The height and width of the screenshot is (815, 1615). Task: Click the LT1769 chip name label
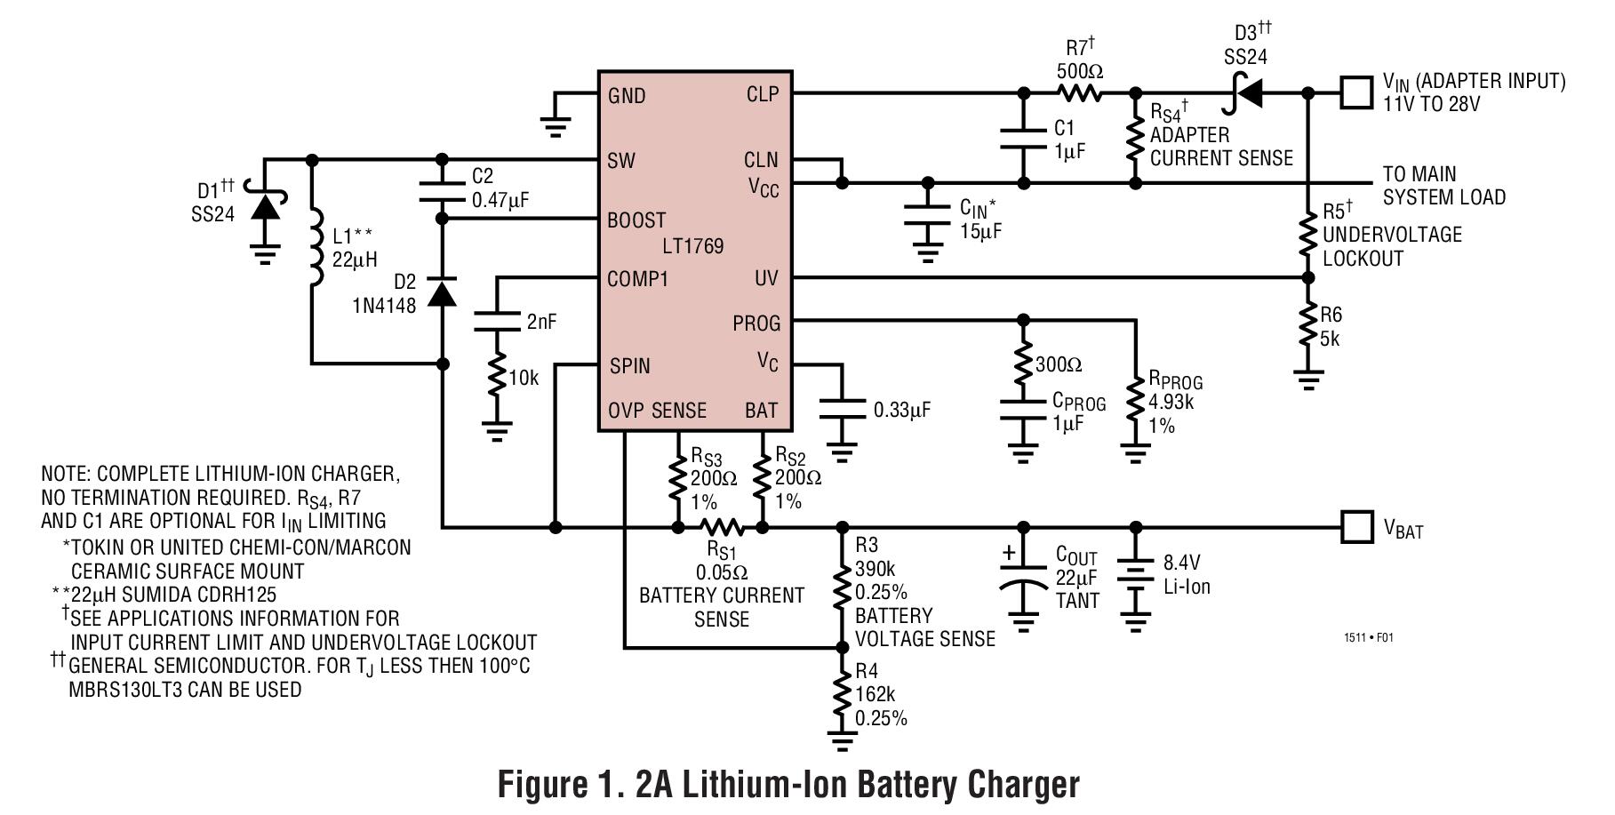tap(692, 246)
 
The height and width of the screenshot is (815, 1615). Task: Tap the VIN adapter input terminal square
tap(1355, 92)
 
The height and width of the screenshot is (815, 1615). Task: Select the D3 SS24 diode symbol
tap(1246, 92)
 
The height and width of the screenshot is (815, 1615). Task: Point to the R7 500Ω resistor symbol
tap(1079, 92)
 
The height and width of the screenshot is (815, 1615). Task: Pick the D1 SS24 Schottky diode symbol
tap(264, 206)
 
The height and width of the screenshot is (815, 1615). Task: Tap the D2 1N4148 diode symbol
tap(442, 292)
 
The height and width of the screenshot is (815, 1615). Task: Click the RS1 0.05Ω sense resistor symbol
tap(721, 528)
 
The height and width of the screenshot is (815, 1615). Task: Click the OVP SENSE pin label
tap(657, 411)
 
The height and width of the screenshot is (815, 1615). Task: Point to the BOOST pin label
tap(636, 220)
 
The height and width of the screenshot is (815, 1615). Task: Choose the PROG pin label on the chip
tap(756, 324)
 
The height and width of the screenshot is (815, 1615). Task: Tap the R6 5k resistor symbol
tap(1307, 326)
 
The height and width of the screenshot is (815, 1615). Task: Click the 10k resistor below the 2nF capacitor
tap(496, 378)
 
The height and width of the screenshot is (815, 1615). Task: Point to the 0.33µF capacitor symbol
tap(842, 409)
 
